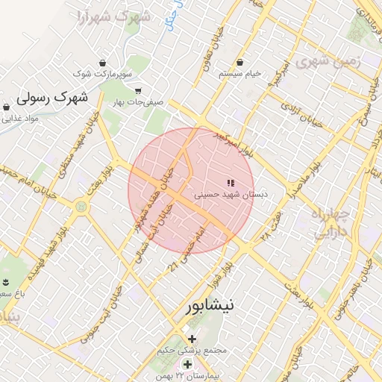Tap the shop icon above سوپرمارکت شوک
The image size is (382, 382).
(102, 63)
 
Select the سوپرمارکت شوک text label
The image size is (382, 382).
(102, 75)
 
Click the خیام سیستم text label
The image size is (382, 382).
(240, 74)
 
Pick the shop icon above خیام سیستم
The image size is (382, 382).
(240, 63)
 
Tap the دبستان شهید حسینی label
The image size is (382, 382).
(231, 194)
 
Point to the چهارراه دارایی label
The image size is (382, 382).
(329, 222)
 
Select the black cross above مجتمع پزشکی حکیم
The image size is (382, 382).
(192, 339)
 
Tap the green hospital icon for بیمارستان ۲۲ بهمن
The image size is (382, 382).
(188, 364)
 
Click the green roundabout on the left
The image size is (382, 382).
(81, 206)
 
